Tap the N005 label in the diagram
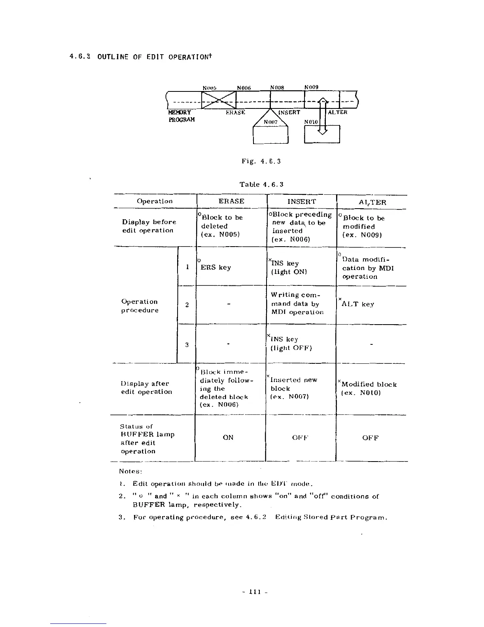click(209, 87)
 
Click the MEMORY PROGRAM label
click(181, 116)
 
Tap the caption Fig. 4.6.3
click(261, 161)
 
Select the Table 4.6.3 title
click(261, 184)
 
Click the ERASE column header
click(231, 201)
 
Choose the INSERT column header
click(302, 201)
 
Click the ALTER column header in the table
click(372, 202)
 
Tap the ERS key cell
click(216, 267)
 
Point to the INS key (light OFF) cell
click(291, 344)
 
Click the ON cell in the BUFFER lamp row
click(228, 437)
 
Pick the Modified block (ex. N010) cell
click(369, 388)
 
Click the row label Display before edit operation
click(149, 226)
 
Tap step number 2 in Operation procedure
click(187, 304)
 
